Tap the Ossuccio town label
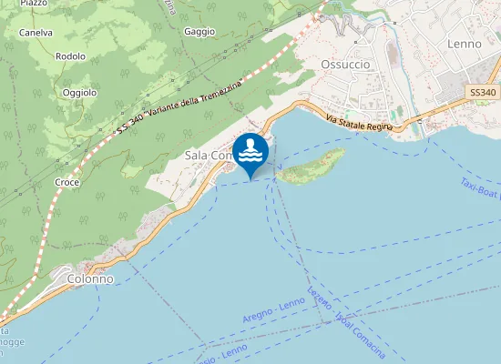[345, 64]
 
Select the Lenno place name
[465, 43]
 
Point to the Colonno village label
[89, 278]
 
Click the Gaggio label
[199, 31]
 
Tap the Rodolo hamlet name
[70, 56]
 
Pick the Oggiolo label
[79, 92]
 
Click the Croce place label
[67, 182]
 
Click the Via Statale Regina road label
[359, 123]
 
